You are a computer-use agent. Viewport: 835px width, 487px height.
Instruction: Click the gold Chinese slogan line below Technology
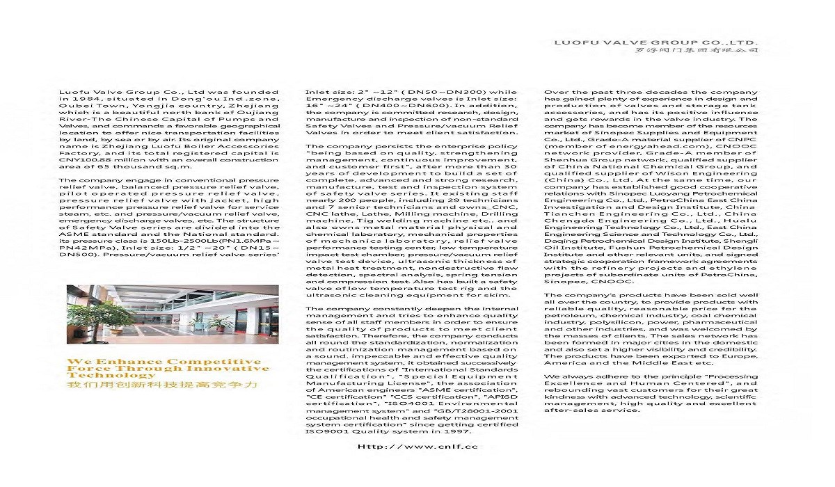(161, 384)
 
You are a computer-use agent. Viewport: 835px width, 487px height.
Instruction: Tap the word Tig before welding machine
(346, 221)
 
